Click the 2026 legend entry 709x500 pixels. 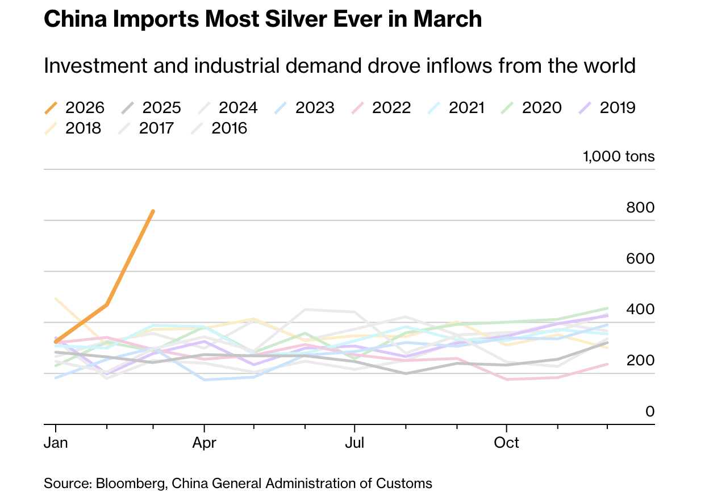coord(74,107)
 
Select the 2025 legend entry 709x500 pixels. coord(151,107)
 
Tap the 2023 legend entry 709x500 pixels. coord(304,107)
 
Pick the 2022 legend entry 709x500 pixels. coord(381,107)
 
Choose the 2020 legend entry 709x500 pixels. coord(533,107)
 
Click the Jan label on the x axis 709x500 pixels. coord(56,443)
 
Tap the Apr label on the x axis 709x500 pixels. coord(204,443)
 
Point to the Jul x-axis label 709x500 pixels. coord(354,443)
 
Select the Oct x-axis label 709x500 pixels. coord(506,443)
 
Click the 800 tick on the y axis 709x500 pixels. coord(640,208)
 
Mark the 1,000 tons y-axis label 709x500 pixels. coord(619,156)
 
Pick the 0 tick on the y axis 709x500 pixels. coord(650,411)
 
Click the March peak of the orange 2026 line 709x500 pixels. coord(153,211)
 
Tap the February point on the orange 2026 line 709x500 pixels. coord(107,305)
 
